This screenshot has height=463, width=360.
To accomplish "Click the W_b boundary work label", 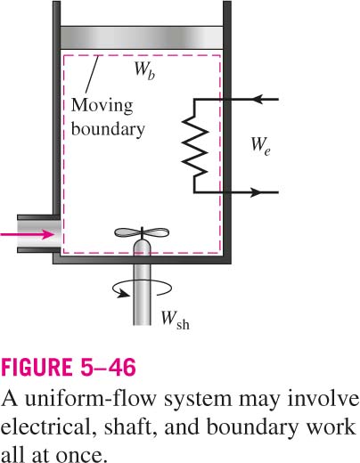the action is tap(144, 71).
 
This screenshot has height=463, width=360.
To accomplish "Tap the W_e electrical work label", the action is tap(260, 145).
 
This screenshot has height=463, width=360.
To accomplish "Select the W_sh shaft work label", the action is tap(175, 320).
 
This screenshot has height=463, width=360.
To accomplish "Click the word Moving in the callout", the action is tap(102, 106).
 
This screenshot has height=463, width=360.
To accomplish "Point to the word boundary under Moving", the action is tap(108, 129).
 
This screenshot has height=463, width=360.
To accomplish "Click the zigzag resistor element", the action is tap(195, 145).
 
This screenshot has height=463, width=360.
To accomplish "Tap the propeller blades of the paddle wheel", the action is tap(142, 233).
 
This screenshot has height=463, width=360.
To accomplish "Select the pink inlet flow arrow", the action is tap(28, 234).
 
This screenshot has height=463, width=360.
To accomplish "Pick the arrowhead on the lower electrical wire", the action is tap(255, 192).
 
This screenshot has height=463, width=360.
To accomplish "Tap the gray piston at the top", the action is tap(142, 37).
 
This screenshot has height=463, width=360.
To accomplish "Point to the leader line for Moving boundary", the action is tap(91, 74).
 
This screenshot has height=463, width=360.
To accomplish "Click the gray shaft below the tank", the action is tap(142, 295).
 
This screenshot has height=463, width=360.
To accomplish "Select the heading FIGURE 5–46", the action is tap(69, 367).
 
